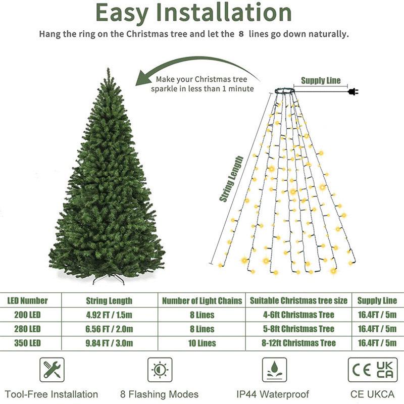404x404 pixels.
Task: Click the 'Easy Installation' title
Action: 193,14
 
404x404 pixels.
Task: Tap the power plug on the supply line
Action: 352,91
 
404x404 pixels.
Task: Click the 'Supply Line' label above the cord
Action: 321,80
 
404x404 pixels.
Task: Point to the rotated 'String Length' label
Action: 232,179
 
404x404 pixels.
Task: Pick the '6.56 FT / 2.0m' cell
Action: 109,329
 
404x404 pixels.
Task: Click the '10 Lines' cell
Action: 201,343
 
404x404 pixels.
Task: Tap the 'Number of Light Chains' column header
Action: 202,300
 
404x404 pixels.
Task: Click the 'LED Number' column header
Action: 27,300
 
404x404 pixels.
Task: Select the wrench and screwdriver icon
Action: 52,370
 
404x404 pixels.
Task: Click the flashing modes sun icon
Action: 160,370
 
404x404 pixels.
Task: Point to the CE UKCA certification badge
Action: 373,370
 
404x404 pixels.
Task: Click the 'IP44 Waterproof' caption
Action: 273,394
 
